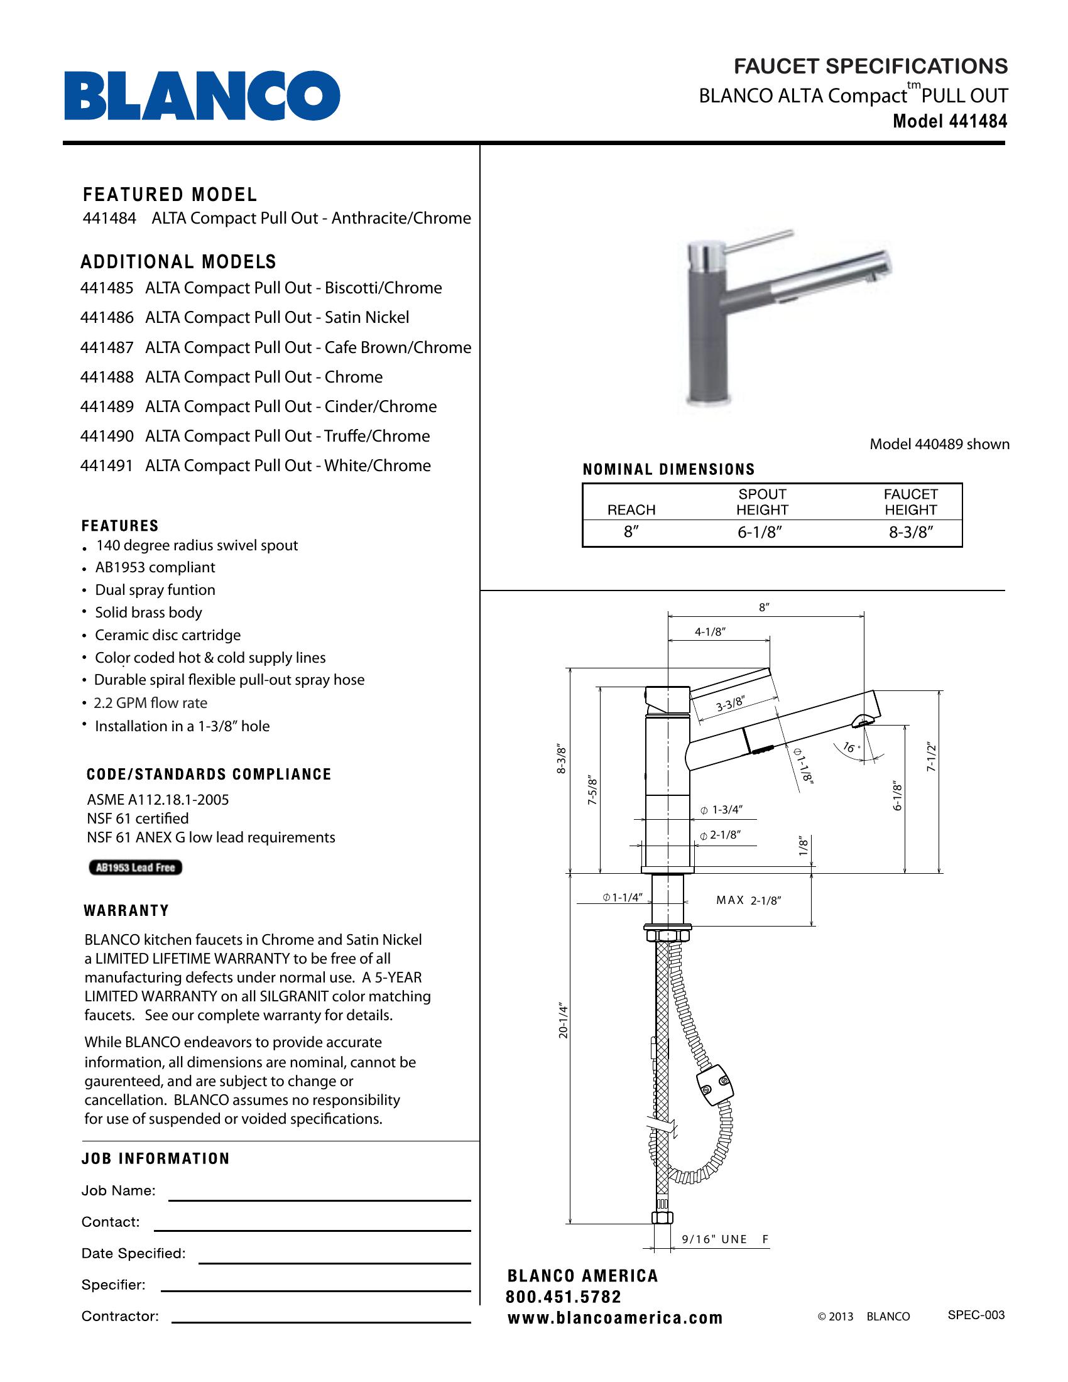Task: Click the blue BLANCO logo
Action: (x=202, y=95)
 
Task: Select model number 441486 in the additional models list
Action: (x=107, y=318)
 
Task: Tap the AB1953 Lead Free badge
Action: (x=136, y=868)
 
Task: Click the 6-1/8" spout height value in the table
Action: (x=760, y=532)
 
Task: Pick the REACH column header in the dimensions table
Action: (x=631, y=510)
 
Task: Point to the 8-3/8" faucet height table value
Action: (x=911, y=532)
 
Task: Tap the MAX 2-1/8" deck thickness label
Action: (x=748, y=900)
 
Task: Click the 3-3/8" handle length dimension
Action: (x=730, y=704)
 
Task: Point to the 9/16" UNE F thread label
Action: (x=724, y=1239)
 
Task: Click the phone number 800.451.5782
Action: (x=563, y=1297)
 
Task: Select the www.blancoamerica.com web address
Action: (x=615, y=1318)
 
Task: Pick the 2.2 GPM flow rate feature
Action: (x=151, y=703)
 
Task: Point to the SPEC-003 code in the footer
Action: (x=976, y=1315)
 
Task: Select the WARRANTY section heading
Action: (x=126, y=911)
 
